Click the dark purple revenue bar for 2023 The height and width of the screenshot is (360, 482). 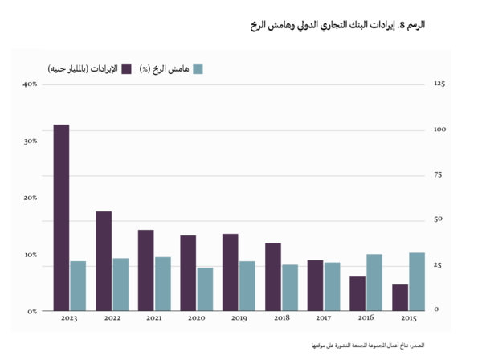[61, 217]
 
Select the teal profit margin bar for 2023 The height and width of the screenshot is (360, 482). [78, 285]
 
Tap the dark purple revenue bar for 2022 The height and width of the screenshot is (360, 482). [104, 260]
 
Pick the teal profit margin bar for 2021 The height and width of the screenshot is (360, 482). [162, 283]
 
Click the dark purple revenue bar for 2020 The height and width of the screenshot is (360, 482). [188, 272]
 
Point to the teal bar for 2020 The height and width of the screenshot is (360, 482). [205, 288]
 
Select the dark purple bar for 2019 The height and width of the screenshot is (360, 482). [230, 272]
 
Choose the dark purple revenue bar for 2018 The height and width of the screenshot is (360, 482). [273, 276]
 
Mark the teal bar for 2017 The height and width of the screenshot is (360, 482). [332, 286]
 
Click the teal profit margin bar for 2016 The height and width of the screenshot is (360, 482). [374, 282]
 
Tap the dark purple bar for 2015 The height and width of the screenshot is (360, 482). [399, 297]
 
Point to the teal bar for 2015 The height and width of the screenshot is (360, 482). [417, 281]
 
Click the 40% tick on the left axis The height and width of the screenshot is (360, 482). [31, 84]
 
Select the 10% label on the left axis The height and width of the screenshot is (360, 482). [31, 255]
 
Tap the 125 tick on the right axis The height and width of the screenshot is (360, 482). [439, 84]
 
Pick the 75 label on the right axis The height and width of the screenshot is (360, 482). [438, 174]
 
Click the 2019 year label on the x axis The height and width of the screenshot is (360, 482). [239, 319]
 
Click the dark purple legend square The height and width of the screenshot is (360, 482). [126, 69]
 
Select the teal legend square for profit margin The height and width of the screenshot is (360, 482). [198, 69]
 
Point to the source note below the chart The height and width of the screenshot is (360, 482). [377, 344]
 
